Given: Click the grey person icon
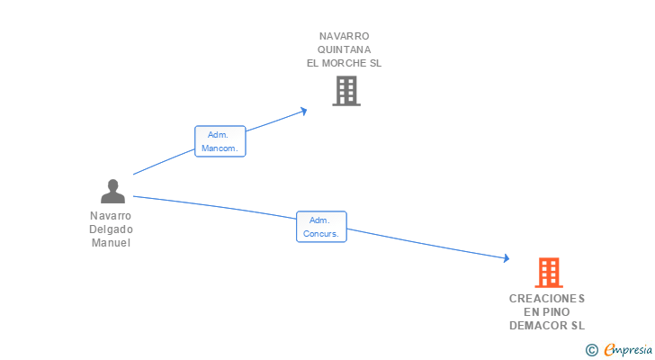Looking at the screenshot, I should (112, 192).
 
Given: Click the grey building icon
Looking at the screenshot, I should (346, 91).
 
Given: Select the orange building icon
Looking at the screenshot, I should (548, 272).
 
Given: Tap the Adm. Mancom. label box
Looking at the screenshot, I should (220, 141).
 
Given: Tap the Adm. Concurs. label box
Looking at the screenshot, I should (321, 227).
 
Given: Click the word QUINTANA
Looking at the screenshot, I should (345, 49).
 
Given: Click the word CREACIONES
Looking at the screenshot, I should (547, 298).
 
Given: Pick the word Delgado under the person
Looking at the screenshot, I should (111, 229).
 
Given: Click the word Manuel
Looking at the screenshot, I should (111, 243).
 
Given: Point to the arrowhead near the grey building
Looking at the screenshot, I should (304, 111).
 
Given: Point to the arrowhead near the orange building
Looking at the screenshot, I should (507, 258).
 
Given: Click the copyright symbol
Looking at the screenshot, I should (591, 349).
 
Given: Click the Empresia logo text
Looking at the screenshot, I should (628, 349).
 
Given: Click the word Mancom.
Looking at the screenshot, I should (220, 148).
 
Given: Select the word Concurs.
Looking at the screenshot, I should (321, 233).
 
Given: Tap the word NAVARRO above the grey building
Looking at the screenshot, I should (345, 36).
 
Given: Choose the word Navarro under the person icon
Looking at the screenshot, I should (111, 216).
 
